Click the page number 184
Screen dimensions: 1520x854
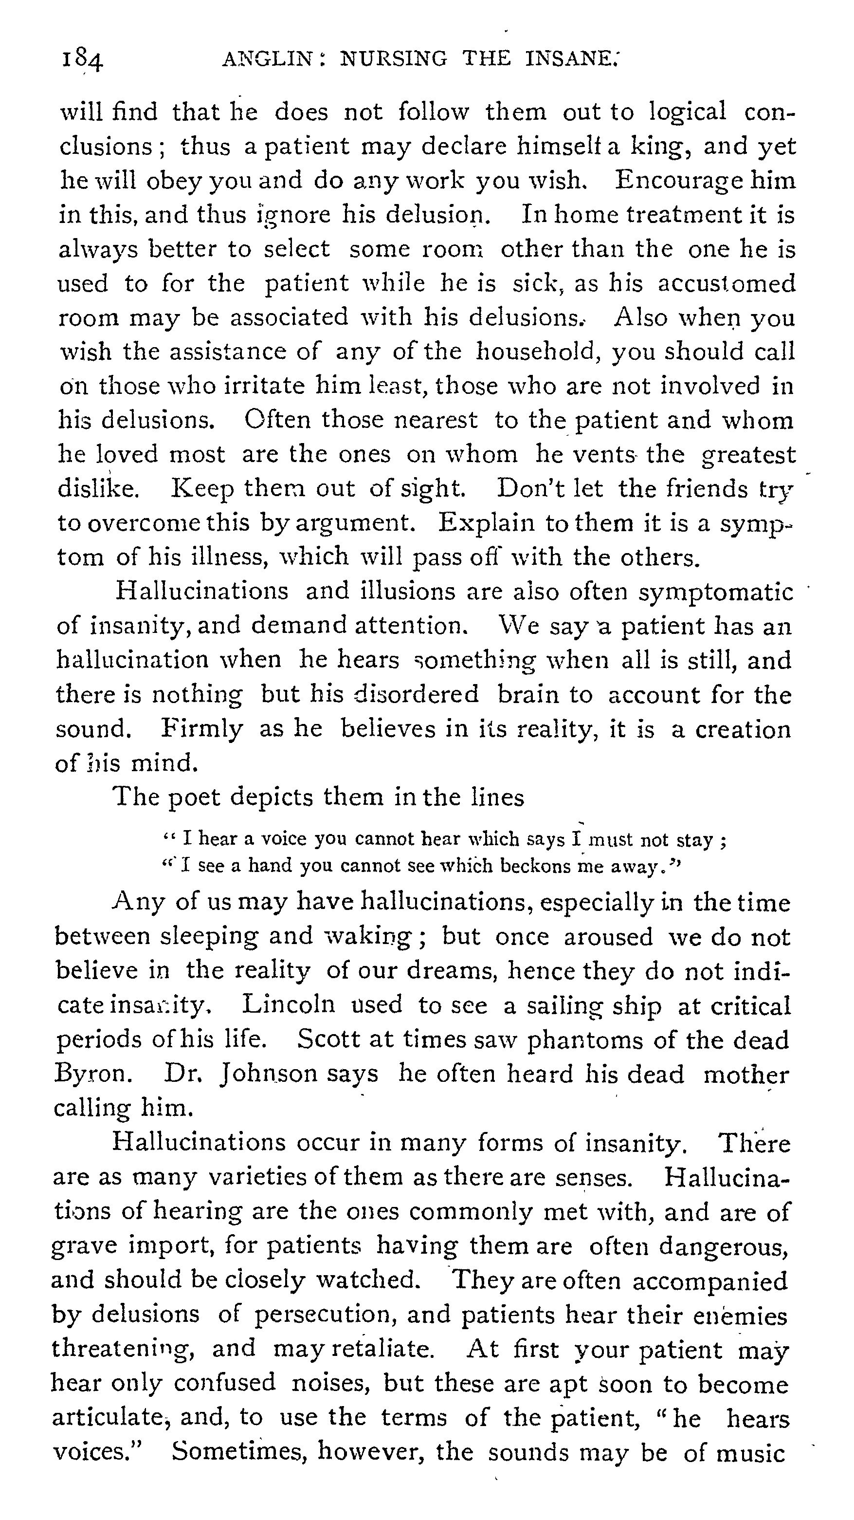[x=83, y=59]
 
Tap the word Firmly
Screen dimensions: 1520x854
[x=202, y=729]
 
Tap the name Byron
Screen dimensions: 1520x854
[x=92, y=1074]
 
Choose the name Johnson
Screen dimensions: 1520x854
[x=268, y=1074]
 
